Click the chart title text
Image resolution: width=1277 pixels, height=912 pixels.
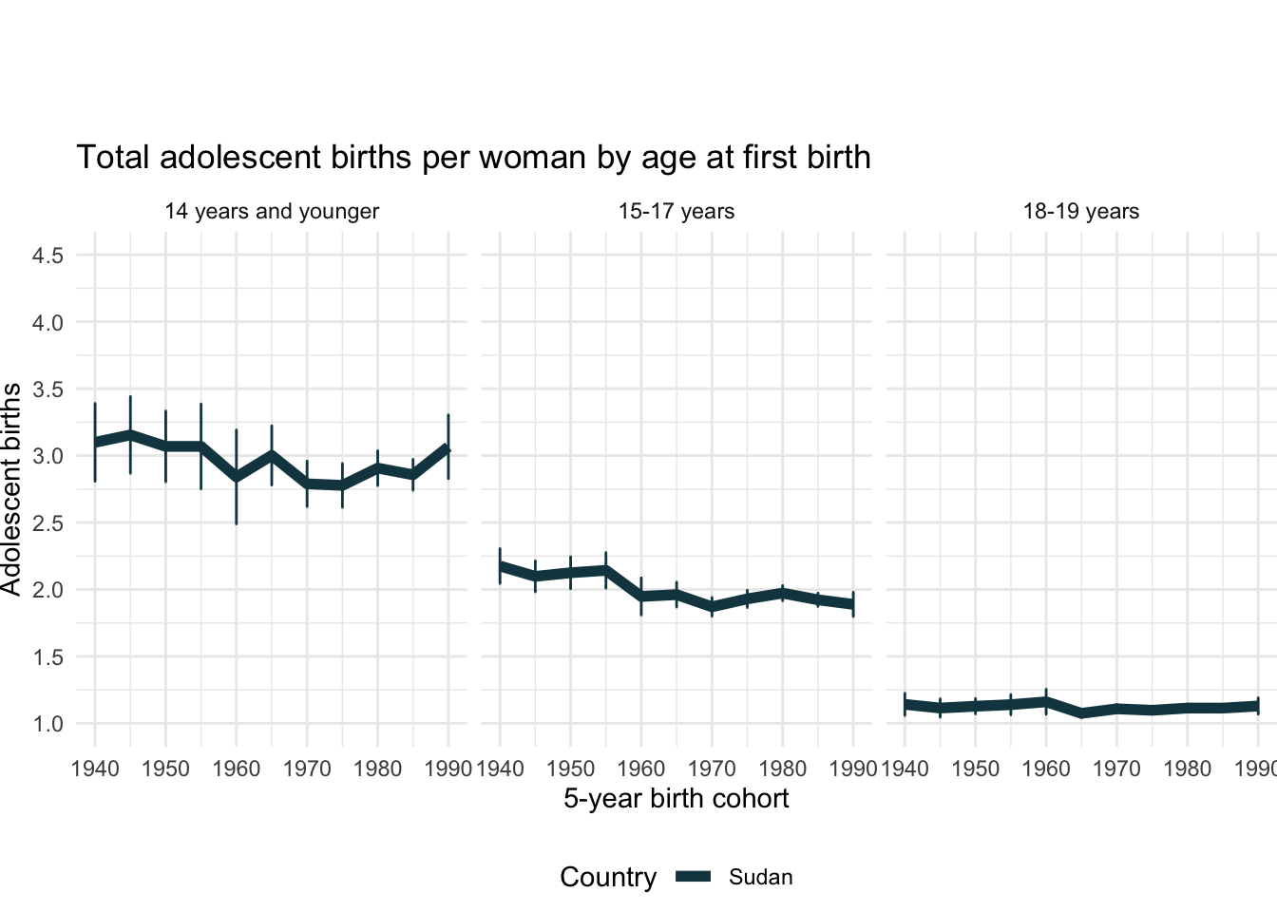(473, 158)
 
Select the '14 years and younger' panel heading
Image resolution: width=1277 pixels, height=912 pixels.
(272, 212)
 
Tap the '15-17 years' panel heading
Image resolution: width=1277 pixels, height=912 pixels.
(676, 212)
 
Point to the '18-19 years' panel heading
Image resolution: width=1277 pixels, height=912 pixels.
(1080, 212)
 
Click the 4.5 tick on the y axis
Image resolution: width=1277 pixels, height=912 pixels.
(48, 256)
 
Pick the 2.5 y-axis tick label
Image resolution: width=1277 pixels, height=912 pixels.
(48, 523)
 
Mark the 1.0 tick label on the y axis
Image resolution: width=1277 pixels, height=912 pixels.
(48, 724)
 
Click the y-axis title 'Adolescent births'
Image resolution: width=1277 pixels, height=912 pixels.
(11, 489)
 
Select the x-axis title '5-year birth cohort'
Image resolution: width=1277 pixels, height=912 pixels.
(676, 799)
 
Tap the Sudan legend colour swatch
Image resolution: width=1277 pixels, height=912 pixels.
(693, 878)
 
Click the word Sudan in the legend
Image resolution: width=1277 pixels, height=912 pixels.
(760, 878)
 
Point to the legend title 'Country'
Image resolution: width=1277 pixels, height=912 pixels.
(608, 878)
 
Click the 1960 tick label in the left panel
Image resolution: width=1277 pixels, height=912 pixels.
(236, 769)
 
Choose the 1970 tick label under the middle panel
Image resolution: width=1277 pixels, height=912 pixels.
(712, 769)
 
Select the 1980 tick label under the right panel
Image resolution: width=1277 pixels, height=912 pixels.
(1187, 769)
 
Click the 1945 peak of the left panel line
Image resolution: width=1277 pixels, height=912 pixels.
(130, 435)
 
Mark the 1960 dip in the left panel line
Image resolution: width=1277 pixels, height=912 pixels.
(237, 478)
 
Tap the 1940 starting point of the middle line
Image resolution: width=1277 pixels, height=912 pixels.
(501, 566)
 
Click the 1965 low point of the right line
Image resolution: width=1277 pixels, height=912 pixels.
(1081, 712)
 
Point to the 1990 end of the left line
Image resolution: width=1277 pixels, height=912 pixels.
(448, 448)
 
